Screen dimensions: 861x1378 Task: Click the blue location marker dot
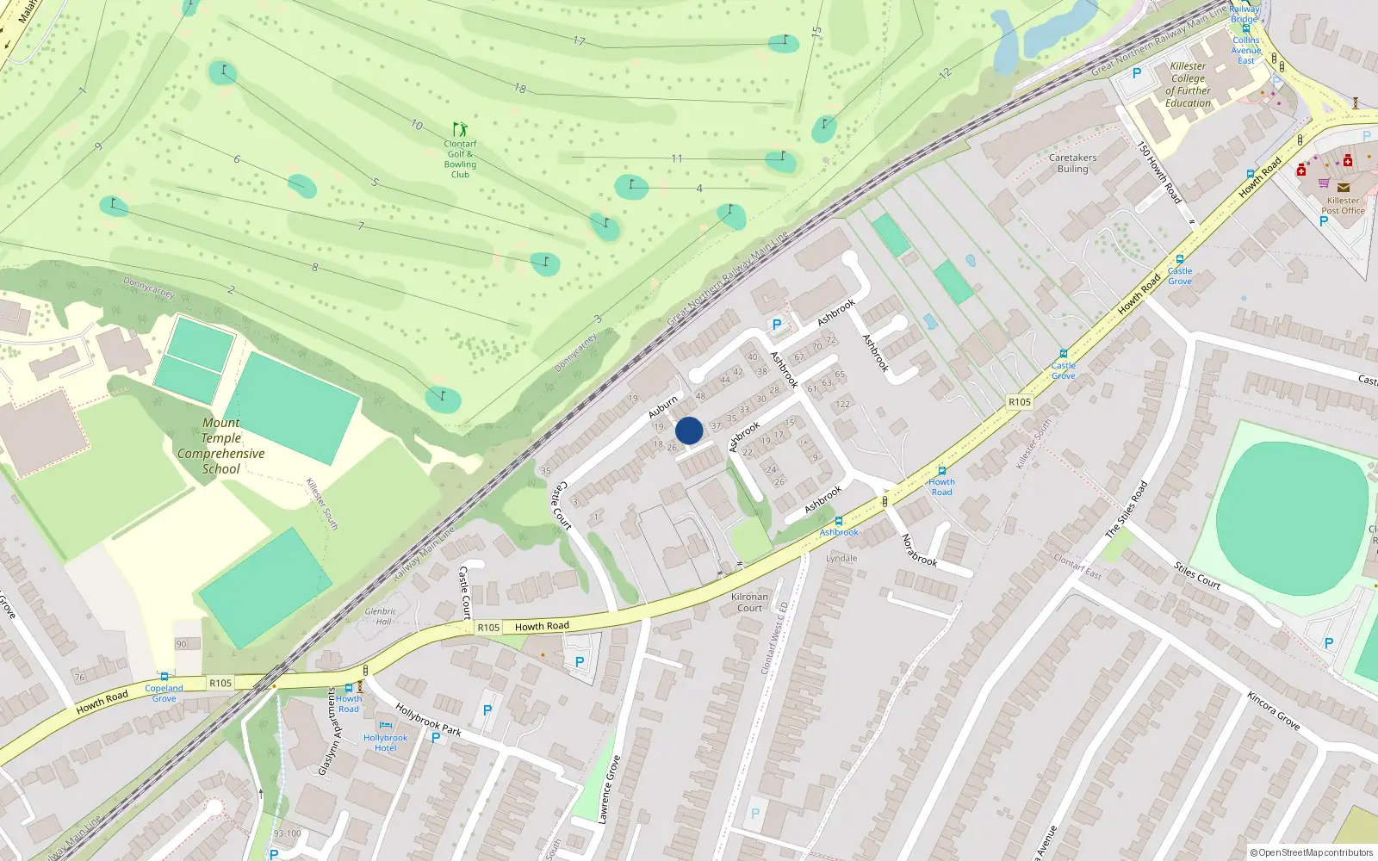click(x=689, y=430)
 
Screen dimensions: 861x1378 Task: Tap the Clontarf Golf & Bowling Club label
click(x=460, y=159)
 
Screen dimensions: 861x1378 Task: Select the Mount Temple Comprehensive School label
click(x=221, y=446)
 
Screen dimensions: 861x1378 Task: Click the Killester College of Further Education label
click(x=1188, y=84)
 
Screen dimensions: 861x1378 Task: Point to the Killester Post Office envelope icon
click(x=1343, y=187)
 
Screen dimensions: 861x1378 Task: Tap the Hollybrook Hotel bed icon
click(x=385, y=726)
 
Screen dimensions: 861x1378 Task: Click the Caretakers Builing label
click(x=1072, y=164)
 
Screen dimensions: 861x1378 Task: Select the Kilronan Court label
click(x=749, y=602)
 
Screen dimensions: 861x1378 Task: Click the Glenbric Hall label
click(x=380, y=616)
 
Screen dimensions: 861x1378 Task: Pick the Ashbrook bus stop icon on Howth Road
click(x=838, y=521)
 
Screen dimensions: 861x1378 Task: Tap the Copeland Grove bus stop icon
click(x=164, y=677)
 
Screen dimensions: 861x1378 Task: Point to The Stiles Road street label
click(x=1127, y=510)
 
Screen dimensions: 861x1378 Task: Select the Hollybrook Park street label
click(x=428, y=720)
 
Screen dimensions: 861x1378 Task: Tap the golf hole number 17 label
click(x=579, y=41)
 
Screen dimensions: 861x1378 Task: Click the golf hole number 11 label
click(x=677, y=158)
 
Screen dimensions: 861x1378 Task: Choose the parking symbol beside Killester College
click(x=1136, y=73)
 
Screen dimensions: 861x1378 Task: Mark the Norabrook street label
click(x=919, y=549)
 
